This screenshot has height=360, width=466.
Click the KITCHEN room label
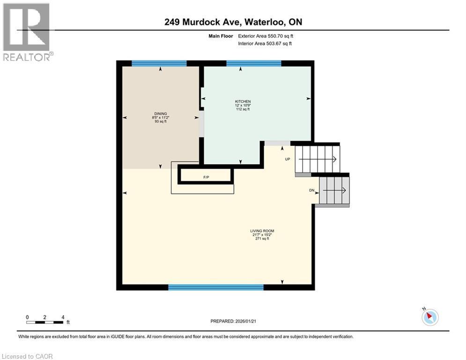coord(243,102)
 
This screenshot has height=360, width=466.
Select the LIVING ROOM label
coord(262,231)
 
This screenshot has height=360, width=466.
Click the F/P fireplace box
coord(206,177)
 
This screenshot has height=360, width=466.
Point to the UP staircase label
coord(288,159)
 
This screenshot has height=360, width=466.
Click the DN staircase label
coord(312,190)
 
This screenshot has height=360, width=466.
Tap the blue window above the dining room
coord(159,63)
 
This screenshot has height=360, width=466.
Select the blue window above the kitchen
coord(253,63)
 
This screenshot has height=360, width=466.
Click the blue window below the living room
coord(215,287)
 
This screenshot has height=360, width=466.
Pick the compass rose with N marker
coord(429,317)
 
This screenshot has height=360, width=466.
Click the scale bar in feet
coord(45,322)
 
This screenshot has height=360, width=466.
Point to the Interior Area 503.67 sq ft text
coord(265,44)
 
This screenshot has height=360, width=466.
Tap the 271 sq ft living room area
coord(262,239)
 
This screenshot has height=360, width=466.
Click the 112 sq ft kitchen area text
coord(243,110)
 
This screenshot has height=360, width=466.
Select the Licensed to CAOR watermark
coord(28,356)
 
